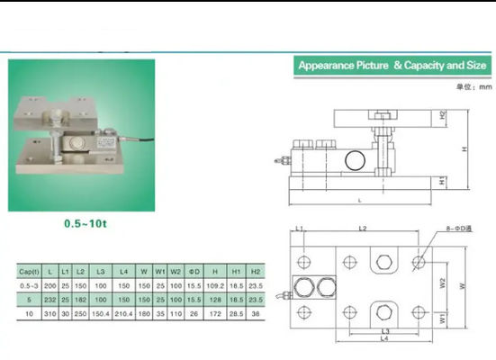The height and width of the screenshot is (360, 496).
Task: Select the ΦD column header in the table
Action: coord(193,270)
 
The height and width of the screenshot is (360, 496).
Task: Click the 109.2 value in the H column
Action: coord(214,285)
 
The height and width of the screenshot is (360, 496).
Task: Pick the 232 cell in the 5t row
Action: coord(50,300)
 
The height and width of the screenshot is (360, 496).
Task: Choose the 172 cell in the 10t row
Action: coord(214,314)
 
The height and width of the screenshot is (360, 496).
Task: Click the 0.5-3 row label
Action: coord(30,285)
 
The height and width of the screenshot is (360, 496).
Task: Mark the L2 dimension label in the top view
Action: coord(362,230)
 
